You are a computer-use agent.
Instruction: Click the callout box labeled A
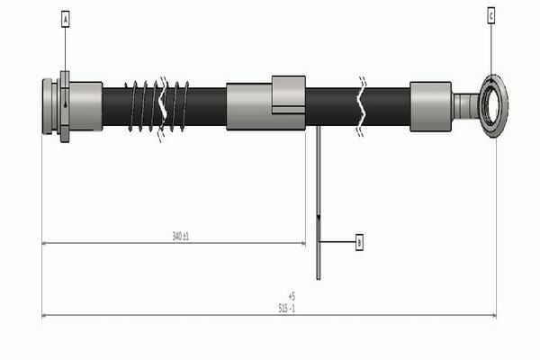pyautogui.click(x=66, y=17)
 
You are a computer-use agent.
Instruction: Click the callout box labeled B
pyautogui.click(x=359, y=242)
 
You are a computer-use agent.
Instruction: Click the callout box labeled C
pyautogui.click(x=490, y=15)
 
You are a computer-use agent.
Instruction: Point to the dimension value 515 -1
pyautogui.click(x=285, y=308)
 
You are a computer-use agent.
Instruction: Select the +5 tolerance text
pyautogui.click(x=291, y=295)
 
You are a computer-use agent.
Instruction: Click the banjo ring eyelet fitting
pyautogui.click(x=492, y=106)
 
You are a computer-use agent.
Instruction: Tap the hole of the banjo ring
pyautogui.click(x=492, y=106)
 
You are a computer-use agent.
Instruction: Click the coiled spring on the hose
pyautogui.click(x=157, y=106)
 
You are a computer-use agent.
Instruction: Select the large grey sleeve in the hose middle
pyautogui.click(x=248, y=106)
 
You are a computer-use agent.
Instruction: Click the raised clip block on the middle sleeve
pyautogui.click(x=288, y=94)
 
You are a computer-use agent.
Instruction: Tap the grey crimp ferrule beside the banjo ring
pyautogui.click(x=430, y=106)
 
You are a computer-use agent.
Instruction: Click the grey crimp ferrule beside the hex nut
pyautogui.click(x=85, y=106)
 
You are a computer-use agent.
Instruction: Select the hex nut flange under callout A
pyautogui.click(x=64, y=106)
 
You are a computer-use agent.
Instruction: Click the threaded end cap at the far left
pyautogui.click(x=47, y=106)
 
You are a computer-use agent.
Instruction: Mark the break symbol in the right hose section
pyautogui.click(x=362, y=106)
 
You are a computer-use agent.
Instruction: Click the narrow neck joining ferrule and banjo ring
pyautogui.click(x=464, y=106)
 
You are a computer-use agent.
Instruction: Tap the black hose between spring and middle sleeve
pyautogui.click(x=207, y=106)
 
